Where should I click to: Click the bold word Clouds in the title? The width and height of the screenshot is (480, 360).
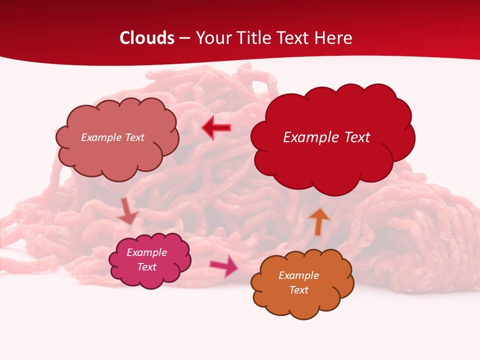[x=147, y=38]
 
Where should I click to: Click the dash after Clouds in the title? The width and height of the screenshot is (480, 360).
[x=184, y=38]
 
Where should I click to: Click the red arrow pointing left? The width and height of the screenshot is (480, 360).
[x=216, y=128]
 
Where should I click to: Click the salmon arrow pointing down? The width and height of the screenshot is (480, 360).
[x=127, y=211]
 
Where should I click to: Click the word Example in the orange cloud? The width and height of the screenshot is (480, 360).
[x=298, y=275]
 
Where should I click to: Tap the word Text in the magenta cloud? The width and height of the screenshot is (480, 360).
[x=146, y=267]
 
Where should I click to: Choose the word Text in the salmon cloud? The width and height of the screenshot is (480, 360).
[x=134, y=137]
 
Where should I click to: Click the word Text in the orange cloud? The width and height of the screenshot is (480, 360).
[x=298, y=290]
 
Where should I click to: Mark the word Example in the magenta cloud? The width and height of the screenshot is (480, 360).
[x=146, y=252]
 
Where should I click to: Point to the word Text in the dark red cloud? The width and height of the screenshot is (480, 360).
[x=354, y=137]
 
